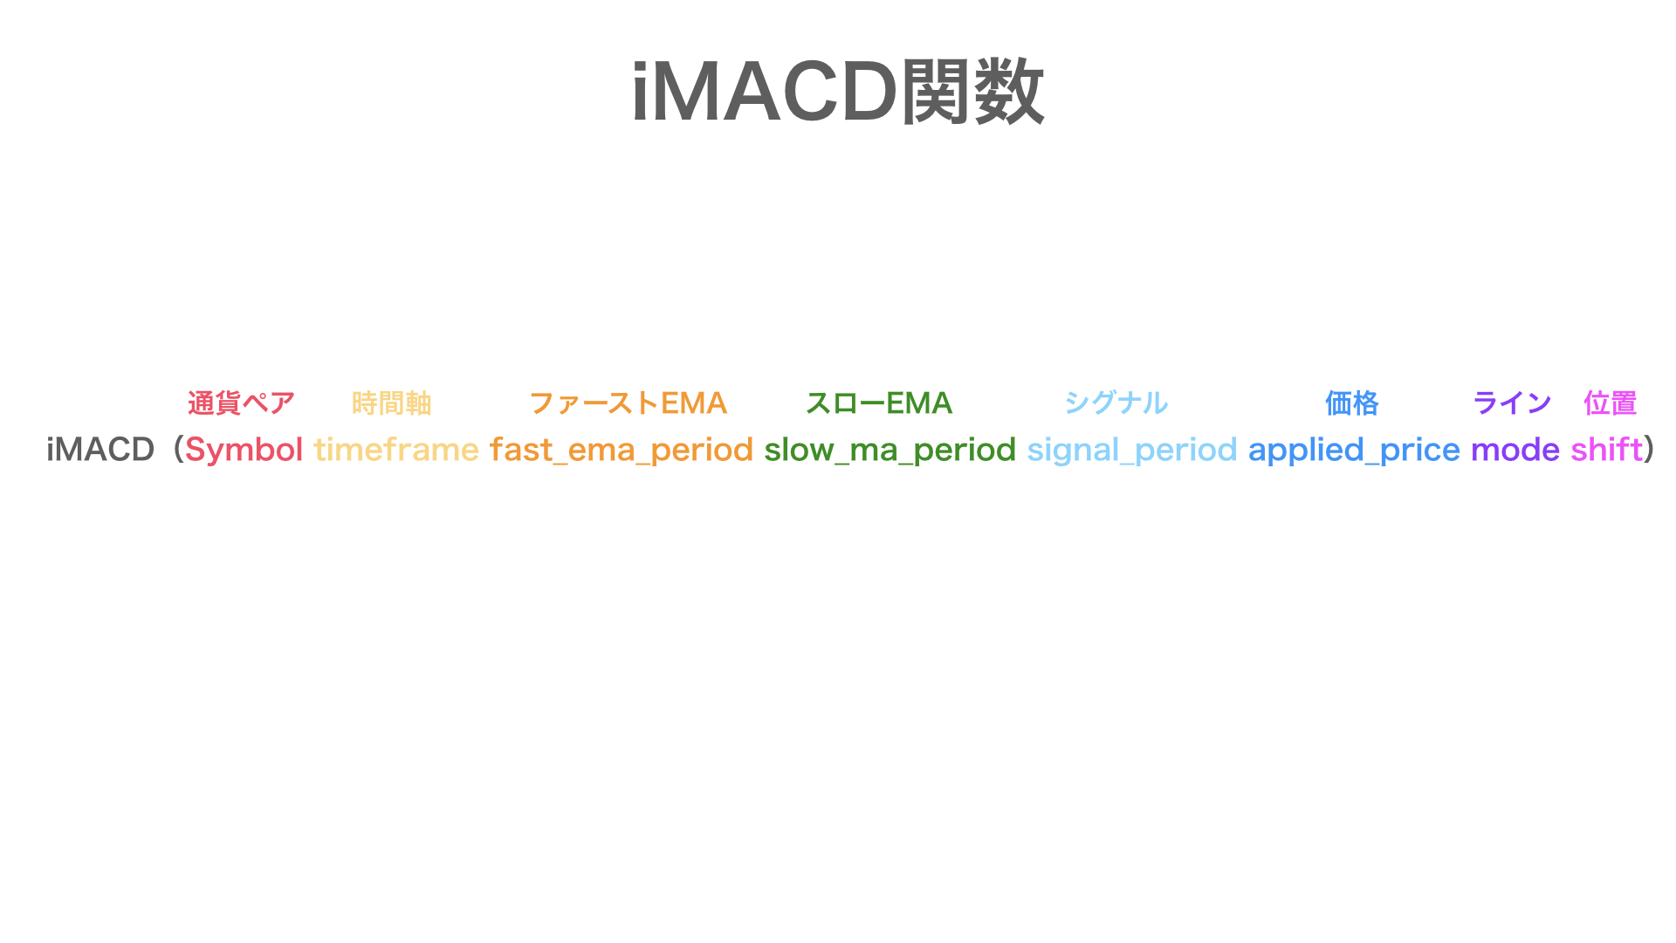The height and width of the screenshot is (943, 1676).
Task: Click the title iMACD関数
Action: point(838,93)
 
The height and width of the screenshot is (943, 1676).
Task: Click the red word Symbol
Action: point(244,450)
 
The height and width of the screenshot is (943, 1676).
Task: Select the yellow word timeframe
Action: point(396,450)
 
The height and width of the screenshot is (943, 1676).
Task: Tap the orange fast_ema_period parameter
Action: point(621,450)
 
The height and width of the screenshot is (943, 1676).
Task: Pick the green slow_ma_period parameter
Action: point(890,450)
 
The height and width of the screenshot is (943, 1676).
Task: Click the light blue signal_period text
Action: point(1131,450)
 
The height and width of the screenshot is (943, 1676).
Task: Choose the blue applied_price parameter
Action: point(1353,450)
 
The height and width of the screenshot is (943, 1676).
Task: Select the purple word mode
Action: point(1515,450)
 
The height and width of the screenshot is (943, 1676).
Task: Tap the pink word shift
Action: point(1606,450)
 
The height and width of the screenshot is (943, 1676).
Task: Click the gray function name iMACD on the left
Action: point(100,450)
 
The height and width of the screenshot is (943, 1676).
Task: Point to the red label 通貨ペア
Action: point(241,403)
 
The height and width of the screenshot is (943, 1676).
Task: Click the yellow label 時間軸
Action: point(392,403)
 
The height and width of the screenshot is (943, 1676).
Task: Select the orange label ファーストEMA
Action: point(628,403)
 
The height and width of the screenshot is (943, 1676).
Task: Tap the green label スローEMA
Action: point(878,403)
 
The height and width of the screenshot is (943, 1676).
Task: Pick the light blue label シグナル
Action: point(1116,403)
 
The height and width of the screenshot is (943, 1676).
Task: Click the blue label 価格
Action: point(1351,403)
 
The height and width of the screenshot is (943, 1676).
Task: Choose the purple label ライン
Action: point(1512,403)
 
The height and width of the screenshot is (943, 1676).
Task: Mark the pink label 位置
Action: point(1610,403)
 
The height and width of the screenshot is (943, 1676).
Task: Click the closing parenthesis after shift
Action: point(1649,450)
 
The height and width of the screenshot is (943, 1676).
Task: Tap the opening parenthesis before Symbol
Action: point(177,450)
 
